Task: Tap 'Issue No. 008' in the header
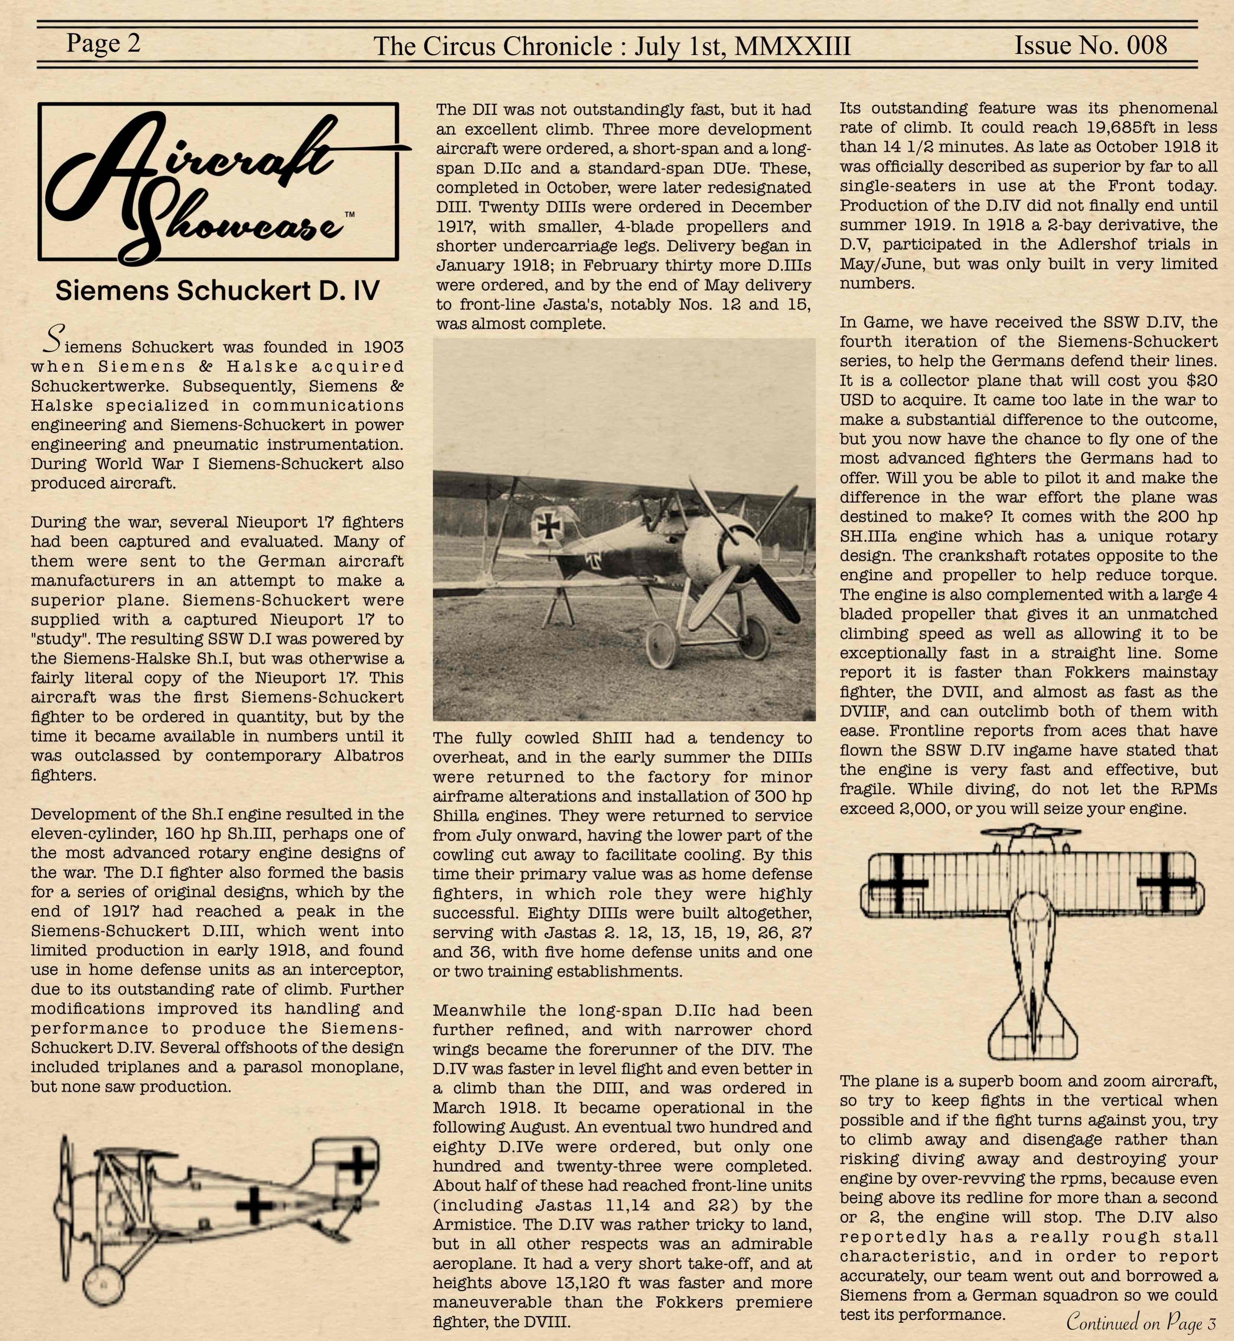click(x=1090, y=45)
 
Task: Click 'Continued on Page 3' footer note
click(x=1140, y=1321)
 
